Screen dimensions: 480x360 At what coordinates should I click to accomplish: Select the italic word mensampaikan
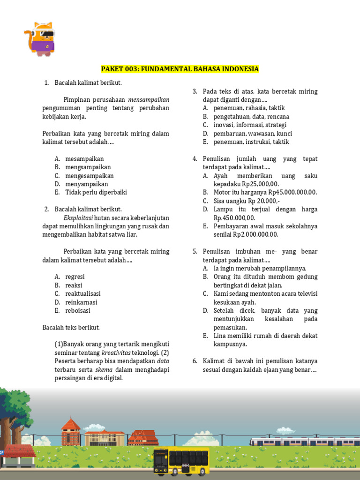point(149,100)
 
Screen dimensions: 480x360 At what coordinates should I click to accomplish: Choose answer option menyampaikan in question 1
point(87,184)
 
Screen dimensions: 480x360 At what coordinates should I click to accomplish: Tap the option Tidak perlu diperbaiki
point(96,193)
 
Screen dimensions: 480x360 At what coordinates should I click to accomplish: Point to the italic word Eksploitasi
point(78,218)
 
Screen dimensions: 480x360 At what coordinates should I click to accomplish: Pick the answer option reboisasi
point(78,311)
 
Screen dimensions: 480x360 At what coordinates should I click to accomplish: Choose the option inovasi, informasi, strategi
point(250,125)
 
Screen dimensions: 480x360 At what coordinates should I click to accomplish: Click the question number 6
point(195,361)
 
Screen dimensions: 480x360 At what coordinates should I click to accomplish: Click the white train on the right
point(305,442)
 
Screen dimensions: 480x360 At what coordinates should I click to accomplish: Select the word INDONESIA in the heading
point(239,69)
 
